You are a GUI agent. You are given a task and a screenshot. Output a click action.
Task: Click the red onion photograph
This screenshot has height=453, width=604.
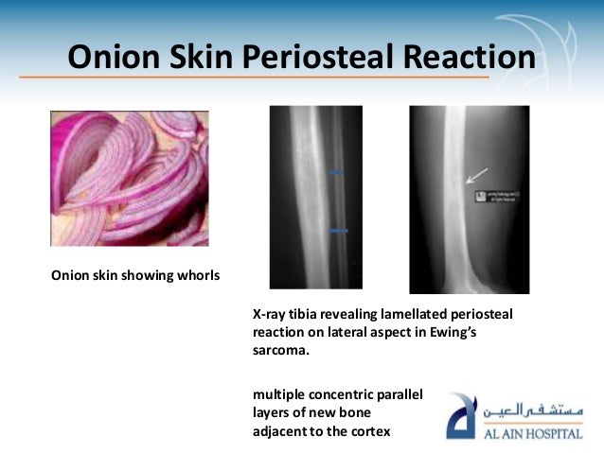(x=130, y=178)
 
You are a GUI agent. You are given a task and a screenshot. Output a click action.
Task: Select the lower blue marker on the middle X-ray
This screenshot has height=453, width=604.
(x=339, y=230)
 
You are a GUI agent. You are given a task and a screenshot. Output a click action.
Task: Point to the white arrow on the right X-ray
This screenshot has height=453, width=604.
(x=478, y=174)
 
